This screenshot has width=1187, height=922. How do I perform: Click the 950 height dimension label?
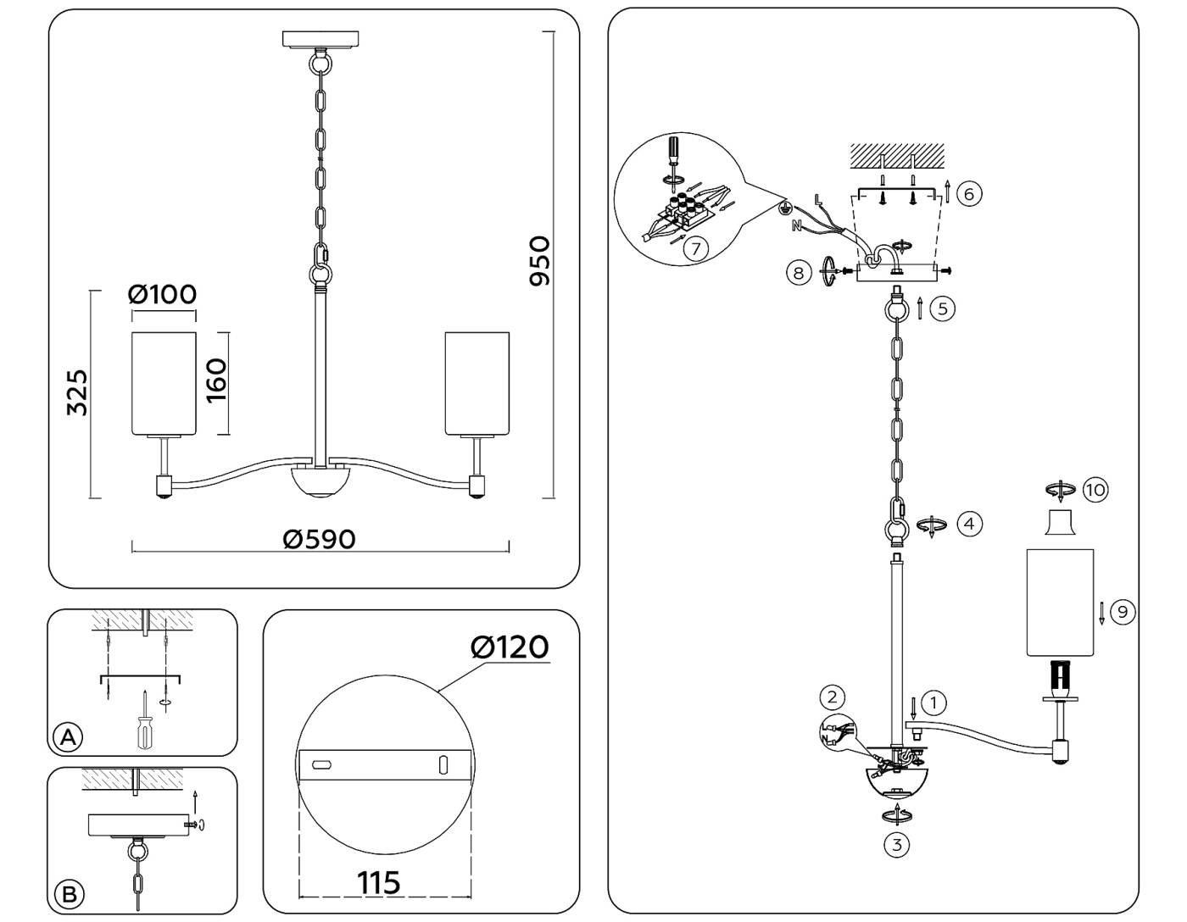[539, 261]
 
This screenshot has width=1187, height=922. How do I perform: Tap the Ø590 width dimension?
[320, 539]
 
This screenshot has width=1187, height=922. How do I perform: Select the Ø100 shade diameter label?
[162, 294]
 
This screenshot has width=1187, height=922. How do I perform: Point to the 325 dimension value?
[77, 392]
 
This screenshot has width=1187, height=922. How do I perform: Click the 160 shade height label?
[216, 380]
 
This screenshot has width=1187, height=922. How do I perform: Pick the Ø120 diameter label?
[510, 647]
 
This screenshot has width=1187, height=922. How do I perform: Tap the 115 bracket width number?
[379, 882]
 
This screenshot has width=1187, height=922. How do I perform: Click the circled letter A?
[69, 736]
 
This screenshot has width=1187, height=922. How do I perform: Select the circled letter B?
[69, 894]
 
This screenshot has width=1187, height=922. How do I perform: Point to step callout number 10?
[1095, 490]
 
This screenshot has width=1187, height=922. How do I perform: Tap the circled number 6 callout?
[969, 193]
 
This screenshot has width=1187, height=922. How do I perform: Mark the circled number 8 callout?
[798, 272]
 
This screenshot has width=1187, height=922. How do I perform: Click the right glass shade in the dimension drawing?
[477, 383]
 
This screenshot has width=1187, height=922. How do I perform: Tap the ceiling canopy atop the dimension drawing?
[321, 40]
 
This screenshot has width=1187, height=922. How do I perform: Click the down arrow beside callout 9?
[1101, 612]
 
